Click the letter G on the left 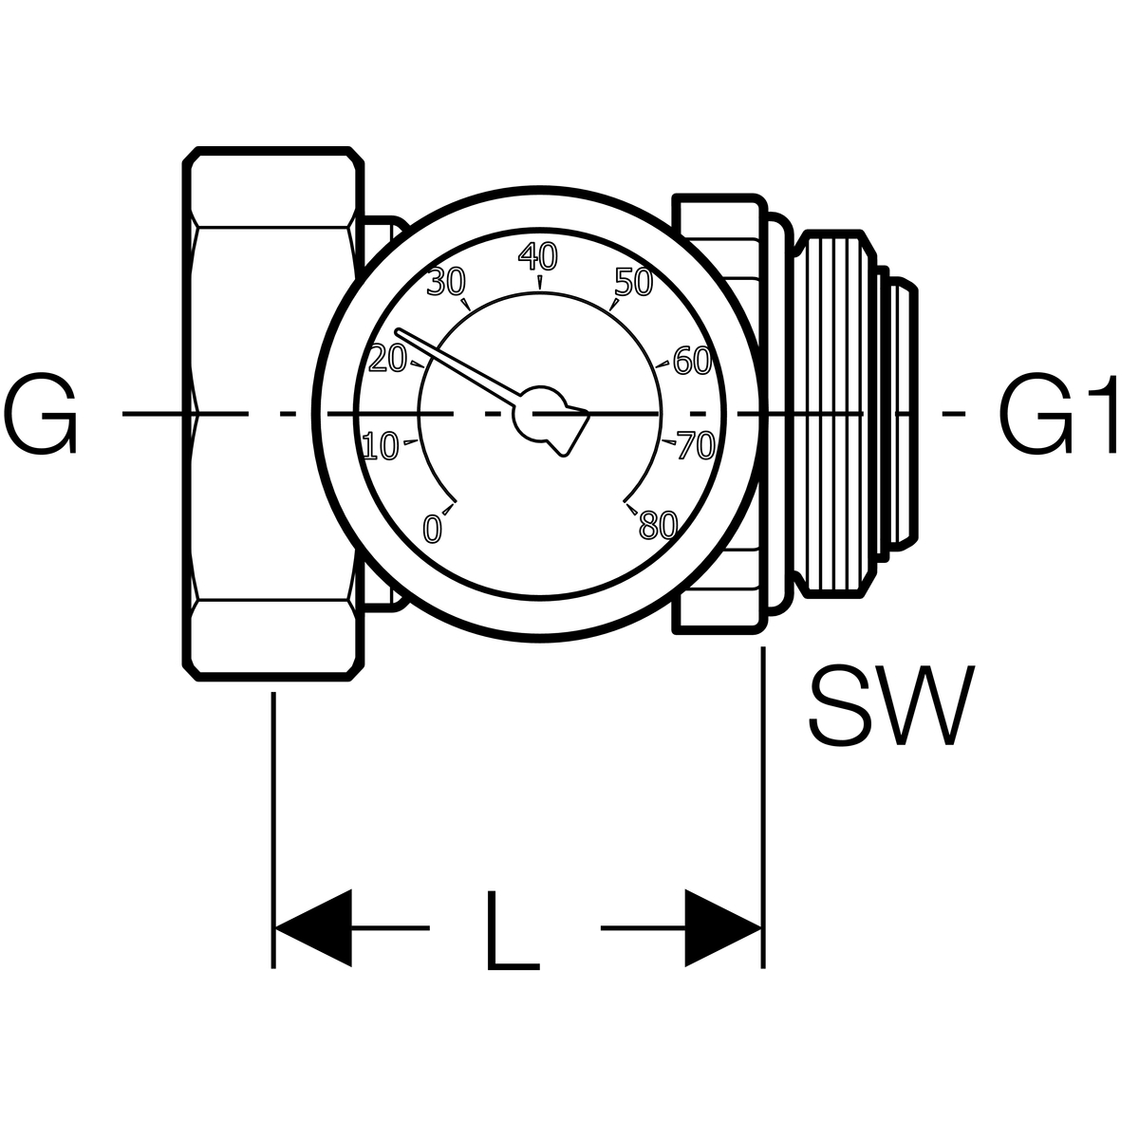click(40, 413)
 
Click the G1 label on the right click(1058, 413)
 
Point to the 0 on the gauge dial click(433, 528)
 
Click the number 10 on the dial click(381, 446)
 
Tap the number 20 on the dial click(388, 359)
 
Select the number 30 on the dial click(446, 282)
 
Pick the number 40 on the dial click(538, 256)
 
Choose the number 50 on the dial click(633, 282)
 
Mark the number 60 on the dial click(692, 360)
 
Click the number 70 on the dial click(697, 446)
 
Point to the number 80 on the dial click(658, 524)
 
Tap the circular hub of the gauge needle click(539, 414)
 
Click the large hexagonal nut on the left click(273, 415)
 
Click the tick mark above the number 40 click(540, 282)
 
